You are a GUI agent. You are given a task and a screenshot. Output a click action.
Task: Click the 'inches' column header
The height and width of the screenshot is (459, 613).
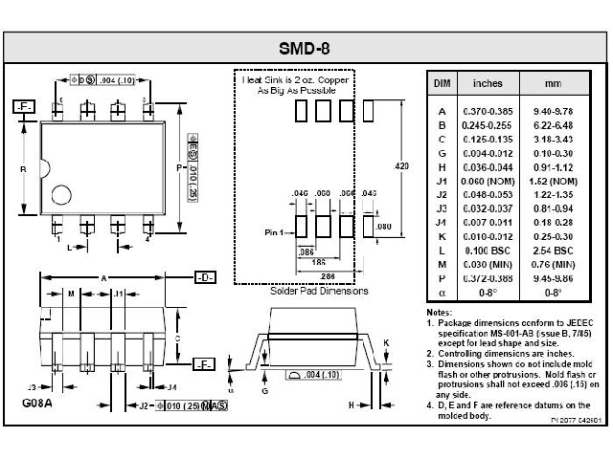click(x=476, y=83)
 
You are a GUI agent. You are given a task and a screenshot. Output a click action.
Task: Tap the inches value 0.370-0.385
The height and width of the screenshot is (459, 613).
click(x=476, y=112)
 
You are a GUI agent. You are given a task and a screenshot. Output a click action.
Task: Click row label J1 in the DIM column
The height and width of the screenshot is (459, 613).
click(x=442, y=181)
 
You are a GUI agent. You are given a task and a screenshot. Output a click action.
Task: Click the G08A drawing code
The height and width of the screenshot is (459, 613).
click(x=37, y=404)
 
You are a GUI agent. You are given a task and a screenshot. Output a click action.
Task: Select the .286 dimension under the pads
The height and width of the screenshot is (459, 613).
click(x=328, y=275)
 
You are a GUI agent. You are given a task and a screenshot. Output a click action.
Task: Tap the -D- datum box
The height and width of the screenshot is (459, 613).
click(x=204, y=277)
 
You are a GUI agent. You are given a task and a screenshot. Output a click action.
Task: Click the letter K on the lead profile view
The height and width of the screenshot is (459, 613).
click(x=385, y=341)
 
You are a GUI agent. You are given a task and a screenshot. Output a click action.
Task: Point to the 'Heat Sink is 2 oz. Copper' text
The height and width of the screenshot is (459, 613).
click(x=295, y=82)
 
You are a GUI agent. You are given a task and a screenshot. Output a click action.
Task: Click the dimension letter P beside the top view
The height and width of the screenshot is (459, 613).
click(x=178, y=167)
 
